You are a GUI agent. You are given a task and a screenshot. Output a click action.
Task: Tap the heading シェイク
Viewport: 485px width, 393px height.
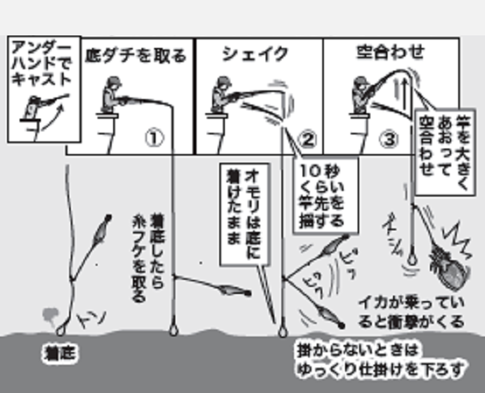pos(255,54)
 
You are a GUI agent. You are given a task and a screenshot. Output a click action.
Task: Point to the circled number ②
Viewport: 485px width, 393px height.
pos(307,140)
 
